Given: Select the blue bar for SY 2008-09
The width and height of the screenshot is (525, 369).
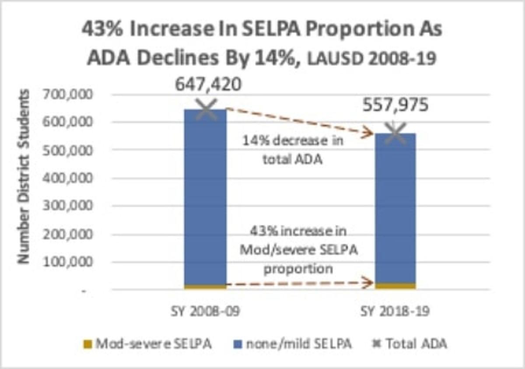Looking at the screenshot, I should click(205, 197).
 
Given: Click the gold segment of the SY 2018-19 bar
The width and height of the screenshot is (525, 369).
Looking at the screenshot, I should click(395, 286).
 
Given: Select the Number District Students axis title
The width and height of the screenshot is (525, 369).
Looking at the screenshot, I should click(24, 177).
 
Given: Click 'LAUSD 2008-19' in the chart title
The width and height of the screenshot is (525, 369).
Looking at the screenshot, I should click(370, 58).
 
